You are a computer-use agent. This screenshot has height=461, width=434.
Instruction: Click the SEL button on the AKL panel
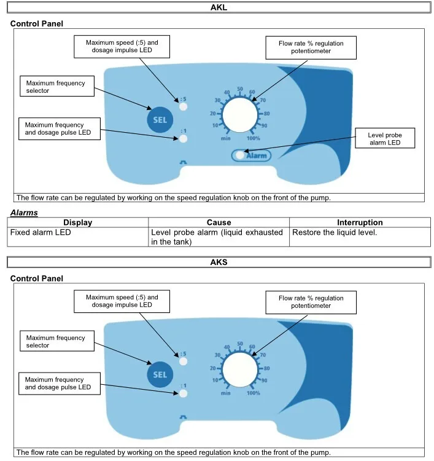click(160, 120)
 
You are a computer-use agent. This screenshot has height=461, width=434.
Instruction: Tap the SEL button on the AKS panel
click(160, 374)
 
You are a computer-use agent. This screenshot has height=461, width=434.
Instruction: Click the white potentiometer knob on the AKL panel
click(240, 115)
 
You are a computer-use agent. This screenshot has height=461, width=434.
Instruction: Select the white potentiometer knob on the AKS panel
click(240, 369)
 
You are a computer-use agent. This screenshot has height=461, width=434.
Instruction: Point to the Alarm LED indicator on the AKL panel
click(240, 155)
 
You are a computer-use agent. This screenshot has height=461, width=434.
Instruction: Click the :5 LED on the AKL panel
click(183, 106)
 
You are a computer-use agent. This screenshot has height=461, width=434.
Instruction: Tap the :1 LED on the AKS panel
click(183, 393)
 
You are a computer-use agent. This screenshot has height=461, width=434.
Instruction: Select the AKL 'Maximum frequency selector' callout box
click(57, 86)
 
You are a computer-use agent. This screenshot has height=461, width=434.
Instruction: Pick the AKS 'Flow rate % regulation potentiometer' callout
click(311, 302)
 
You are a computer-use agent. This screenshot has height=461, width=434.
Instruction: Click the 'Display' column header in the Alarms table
click(78, 223)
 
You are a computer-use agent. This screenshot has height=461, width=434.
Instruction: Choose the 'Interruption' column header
click(360, 223)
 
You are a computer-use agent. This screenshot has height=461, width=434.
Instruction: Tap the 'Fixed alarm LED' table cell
click(41, 232)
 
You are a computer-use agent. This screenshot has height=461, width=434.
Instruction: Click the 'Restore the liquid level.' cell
click(335, 232)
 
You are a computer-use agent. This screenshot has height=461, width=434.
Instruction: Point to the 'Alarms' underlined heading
click(24, 212)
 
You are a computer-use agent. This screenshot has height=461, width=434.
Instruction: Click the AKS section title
click(219, 262)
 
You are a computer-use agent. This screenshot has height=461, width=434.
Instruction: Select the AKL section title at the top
click(219, 7)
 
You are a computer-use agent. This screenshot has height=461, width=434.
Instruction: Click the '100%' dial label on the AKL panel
click(253, 138)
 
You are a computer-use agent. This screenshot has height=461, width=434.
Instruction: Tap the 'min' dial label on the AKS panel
click(225, 393)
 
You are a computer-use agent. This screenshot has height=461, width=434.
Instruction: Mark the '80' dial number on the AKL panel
click(266, 114)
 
